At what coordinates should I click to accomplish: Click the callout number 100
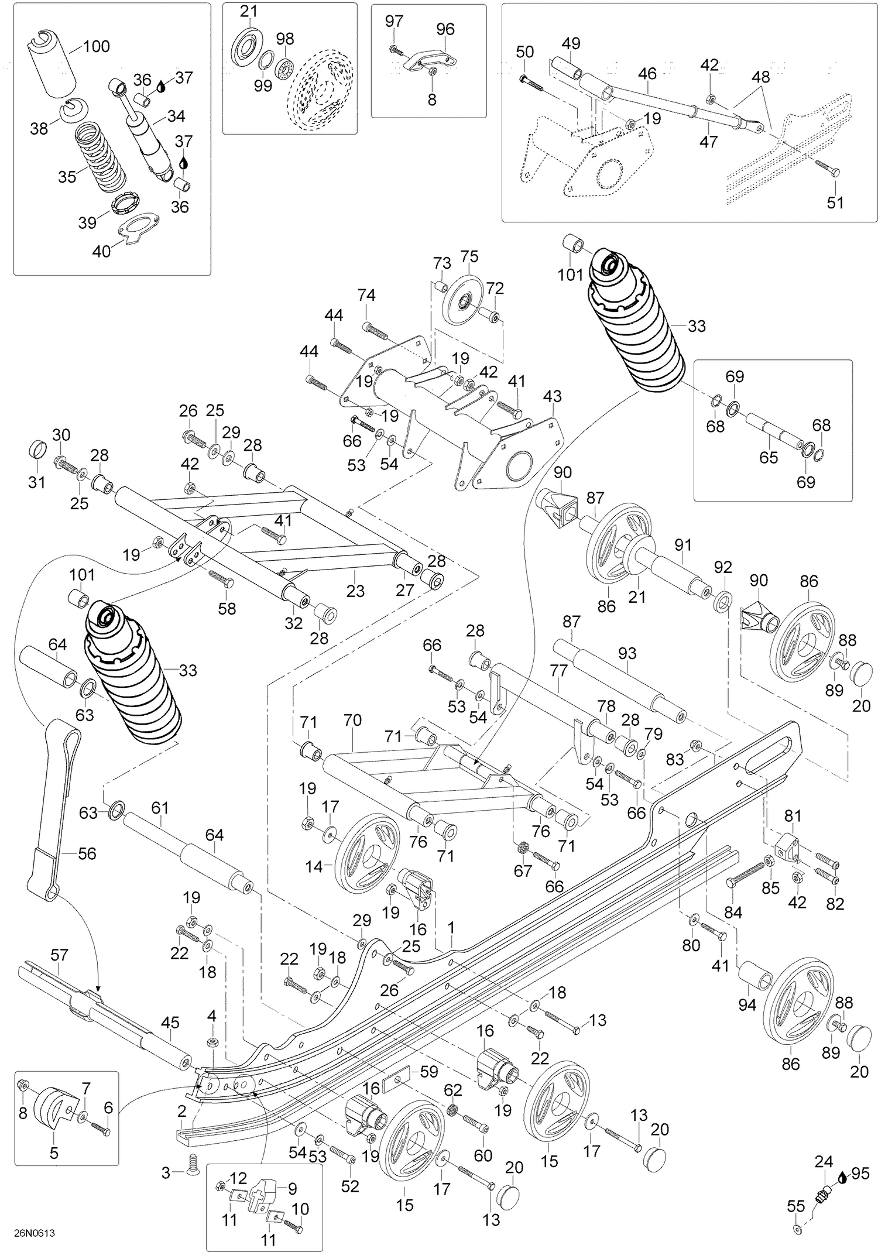(97, 46)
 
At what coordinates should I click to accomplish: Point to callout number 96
(445, 29)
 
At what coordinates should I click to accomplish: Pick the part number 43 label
(552, 396)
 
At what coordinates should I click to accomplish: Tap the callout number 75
(469, 256)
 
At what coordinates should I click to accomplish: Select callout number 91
(683, 545)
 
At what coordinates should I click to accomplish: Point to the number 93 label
(627, 653)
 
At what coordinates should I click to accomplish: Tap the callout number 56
(87, 853)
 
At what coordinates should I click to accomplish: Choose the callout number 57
(59, 955)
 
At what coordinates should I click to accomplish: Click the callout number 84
(733, 912)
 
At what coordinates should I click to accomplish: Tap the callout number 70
(352, 720)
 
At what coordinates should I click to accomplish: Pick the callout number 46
(647, 74)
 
